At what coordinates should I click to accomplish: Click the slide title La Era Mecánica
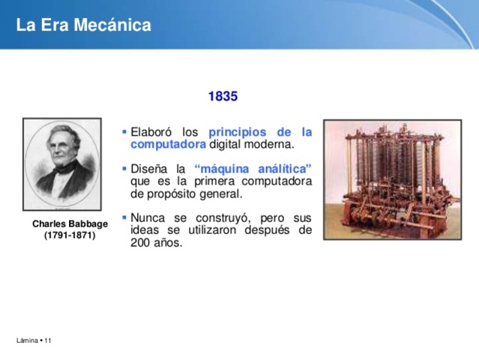click(x=83, y=25)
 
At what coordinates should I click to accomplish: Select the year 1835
click(x=223, y=97)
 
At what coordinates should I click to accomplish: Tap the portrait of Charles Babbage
click(x=62, y=163)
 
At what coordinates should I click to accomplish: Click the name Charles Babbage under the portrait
click(x=70, y=224)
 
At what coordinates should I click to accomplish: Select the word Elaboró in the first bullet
click(x=151, y=132)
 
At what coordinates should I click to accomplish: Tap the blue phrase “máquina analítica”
click(x=253, y=169)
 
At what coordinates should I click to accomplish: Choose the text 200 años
click(x=156, y=242)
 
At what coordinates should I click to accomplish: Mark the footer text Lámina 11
click(x=34, y=341)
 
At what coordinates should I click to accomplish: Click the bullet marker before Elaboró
click(x=124, y=132)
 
